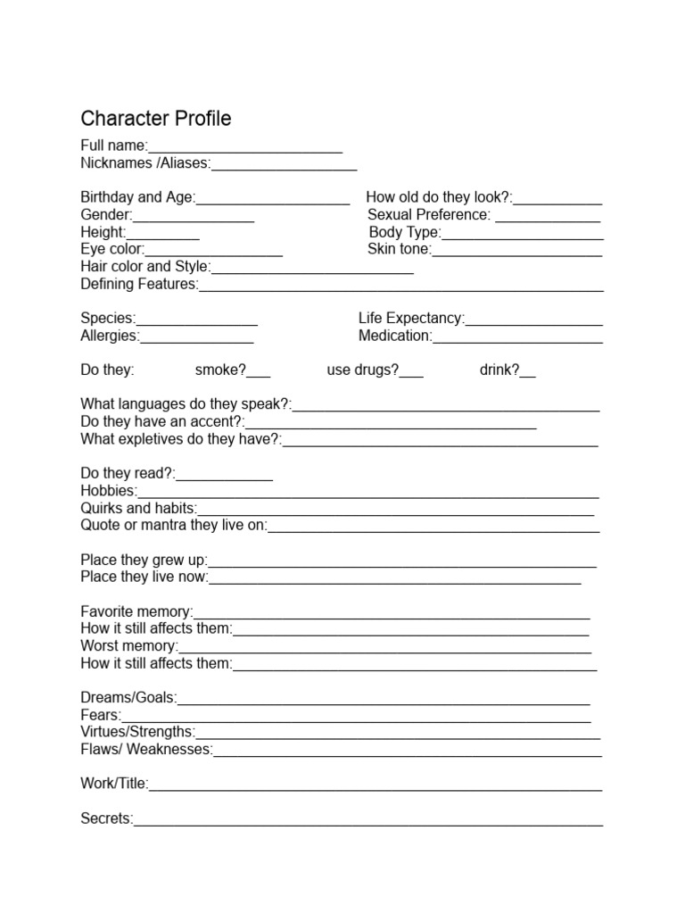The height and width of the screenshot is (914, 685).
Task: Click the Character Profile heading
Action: coord(156,119)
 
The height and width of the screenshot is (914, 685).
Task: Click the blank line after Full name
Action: coord(245,148)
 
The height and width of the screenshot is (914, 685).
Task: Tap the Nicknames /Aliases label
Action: coord(145,163)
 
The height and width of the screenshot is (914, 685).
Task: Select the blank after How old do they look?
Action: coord(557,200)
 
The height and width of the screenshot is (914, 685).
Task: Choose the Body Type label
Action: coord(404,233)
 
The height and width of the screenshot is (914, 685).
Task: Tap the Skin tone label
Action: coord(399,250)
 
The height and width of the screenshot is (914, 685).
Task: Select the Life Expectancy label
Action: coord(411,319)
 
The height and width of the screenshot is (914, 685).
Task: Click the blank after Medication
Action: coord(517,339)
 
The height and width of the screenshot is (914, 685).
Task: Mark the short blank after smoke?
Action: coord(259,373)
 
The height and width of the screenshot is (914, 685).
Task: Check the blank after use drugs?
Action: coord(411,373)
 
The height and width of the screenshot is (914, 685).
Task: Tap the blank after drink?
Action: coord(528,373)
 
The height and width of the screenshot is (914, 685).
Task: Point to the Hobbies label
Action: coord(109,491)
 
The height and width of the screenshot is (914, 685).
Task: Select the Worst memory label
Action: coord(129,646)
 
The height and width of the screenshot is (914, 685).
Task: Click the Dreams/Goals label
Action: coord(128,698)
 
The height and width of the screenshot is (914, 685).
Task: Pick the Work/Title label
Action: coord(114,784)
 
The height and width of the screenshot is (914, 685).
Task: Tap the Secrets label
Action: coord(106,818)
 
